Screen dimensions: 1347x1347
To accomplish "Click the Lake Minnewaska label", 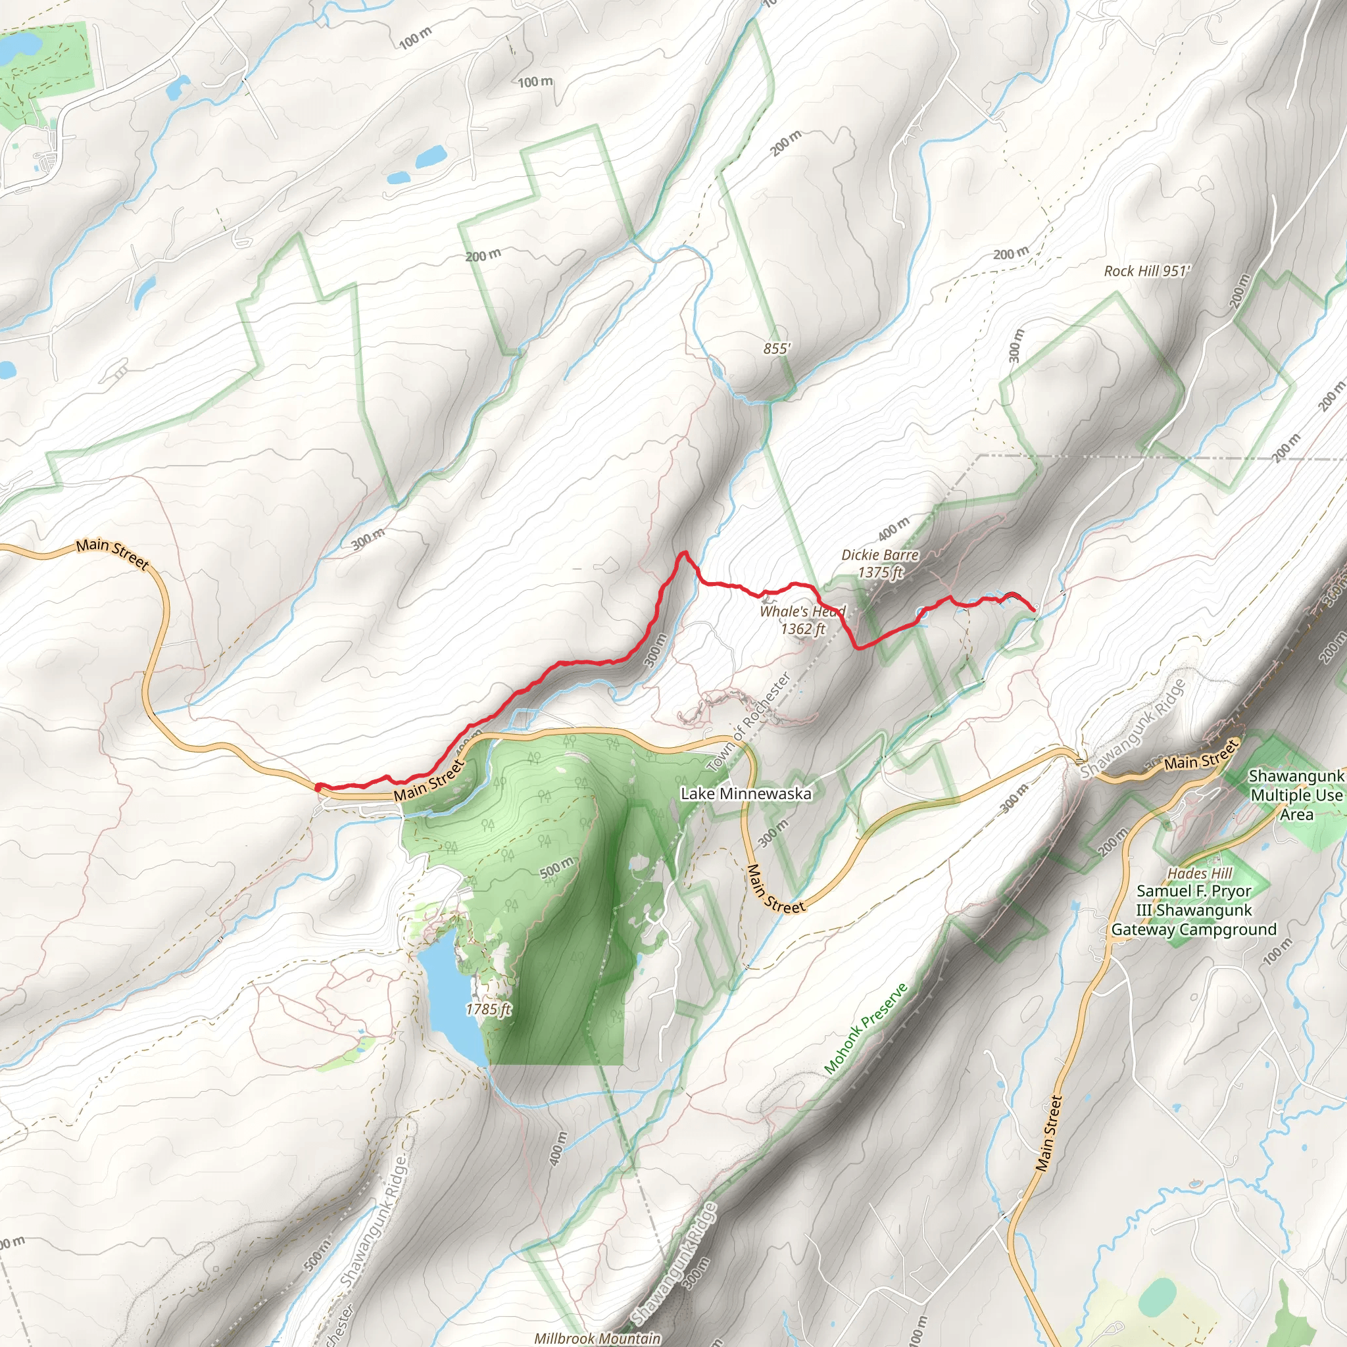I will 745,793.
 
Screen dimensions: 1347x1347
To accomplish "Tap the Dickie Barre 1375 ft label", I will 880,564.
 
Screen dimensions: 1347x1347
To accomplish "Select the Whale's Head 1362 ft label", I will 802,620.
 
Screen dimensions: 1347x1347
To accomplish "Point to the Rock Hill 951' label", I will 1147,270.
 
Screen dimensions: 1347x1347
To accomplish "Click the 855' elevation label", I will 777,348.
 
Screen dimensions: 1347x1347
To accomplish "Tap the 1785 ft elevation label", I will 489,1009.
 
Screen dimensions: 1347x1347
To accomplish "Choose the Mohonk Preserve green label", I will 866,1029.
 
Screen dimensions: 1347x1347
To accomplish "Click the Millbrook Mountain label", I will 597,1338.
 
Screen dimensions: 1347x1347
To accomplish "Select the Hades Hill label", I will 1200,873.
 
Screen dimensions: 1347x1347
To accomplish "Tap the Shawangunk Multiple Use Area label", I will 1296,795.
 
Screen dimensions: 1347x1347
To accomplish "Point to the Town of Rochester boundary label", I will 750,722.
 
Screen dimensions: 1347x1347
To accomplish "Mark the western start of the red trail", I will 318,787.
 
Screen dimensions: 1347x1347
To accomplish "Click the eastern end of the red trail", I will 1033,610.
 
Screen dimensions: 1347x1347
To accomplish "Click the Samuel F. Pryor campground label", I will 1194,910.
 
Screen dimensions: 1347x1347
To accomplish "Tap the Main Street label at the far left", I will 112,553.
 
